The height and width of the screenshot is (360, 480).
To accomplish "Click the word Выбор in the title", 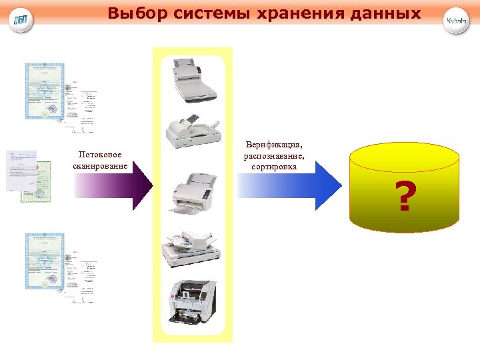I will [x=131, y=13].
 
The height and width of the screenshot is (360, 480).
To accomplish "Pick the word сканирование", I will [x=100, y=165].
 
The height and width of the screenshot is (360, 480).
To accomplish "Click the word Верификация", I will [x=274, y=145].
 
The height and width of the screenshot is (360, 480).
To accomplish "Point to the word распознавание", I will [x=274, y=156].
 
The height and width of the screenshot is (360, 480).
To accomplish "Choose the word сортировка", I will [x=274, y=167].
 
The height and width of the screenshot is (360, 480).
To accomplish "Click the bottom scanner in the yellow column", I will [x=193, y=301].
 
